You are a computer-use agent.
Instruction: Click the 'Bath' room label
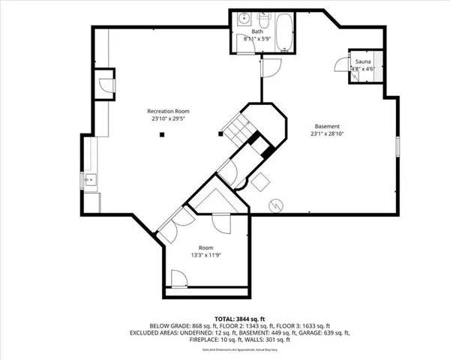tap(257, 31)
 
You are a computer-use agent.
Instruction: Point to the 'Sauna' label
tap(364, 62)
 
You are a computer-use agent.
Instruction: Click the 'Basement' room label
tap(327, 126)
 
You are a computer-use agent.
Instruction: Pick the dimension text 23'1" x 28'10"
tap(327, 133)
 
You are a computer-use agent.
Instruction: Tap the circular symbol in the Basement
tap(275, 204)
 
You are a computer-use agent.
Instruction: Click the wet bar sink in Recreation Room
tap(88, 180)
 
